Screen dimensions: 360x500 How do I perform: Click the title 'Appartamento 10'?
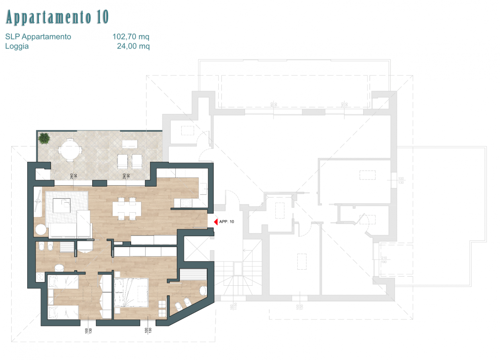(x=57, y=18)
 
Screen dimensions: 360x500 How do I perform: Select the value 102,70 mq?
(x=131, y=37)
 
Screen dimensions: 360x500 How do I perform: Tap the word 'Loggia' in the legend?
(x=17, y=46)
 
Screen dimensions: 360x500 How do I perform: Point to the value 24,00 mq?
(x=133, y=46)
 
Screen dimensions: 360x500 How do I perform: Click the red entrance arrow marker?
(x=214, y=222)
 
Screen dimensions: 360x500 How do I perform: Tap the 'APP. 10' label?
(x=227, y=222)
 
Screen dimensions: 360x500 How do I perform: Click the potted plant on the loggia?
(x=44, y=138)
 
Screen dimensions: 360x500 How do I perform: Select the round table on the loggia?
(x=69, y=149)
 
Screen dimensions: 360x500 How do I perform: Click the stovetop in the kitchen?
(x=186, y=203)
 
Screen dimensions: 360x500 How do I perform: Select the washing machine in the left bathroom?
(x=41, y=277)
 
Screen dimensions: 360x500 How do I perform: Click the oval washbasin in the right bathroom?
(x=203, y=291)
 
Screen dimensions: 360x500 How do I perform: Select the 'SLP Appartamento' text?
(x=38, y=37)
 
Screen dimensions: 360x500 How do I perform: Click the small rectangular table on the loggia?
(x=129, y=144)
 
